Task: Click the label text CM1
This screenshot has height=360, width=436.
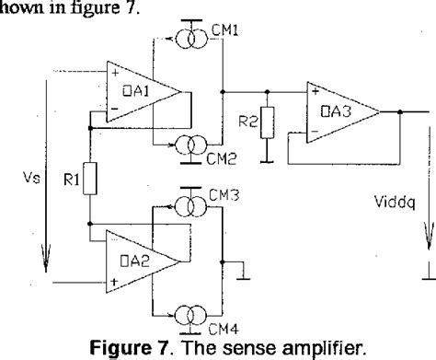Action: click(x=225, y=29)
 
